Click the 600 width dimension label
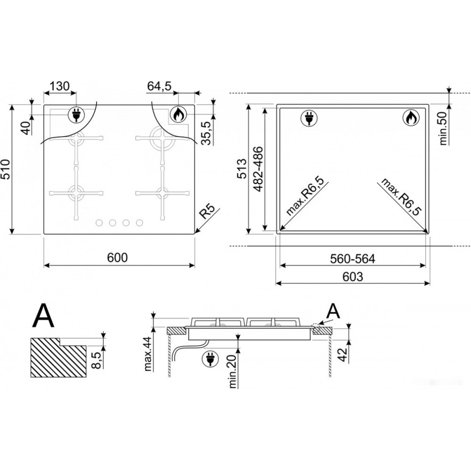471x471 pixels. coord(117,258)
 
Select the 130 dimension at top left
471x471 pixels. coord(59,86)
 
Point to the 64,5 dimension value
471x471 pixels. coord(159,86)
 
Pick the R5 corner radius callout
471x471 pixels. coord(207,211)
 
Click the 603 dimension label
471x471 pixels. coord(352,276)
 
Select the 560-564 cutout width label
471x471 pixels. coord(352,259)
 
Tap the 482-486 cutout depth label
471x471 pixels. coord(258,169)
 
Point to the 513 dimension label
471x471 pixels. coord(242,169)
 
